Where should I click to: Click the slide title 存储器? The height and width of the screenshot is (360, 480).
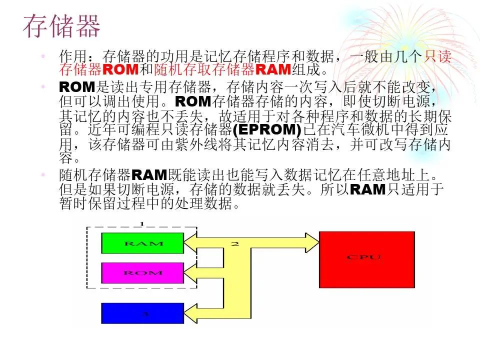click(x=62, y=26)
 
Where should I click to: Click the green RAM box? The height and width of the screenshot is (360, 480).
click(x=142, y=243)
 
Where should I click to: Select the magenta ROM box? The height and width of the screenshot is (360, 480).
click(x=142, y=273)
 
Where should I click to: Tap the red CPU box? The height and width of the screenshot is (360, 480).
click(x=366, y=259)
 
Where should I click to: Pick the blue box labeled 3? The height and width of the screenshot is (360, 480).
click(x=142, y=313)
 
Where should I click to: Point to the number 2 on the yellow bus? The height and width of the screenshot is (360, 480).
click(x=235, y=244)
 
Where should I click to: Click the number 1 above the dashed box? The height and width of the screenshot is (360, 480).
click(x=141, y=224)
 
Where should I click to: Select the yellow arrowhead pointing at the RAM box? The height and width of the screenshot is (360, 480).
click(x=190, y=243)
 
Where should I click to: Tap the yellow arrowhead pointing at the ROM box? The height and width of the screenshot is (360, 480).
click(x=190, y=273)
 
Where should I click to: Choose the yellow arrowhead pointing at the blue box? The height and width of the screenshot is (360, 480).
click(x=190, y=313)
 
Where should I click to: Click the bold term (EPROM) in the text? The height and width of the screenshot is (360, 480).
click(x=267, y=130)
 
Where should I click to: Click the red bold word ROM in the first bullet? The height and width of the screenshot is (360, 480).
click(x=120, y=69)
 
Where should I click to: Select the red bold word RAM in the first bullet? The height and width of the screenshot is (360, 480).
click(x=273, y=69)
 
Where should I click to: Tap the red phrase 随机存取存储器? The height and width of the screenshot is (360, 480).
click(x=204, y=69)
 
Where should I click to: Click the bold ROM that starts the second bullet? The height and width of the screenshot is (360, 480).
click(x=77, y=87)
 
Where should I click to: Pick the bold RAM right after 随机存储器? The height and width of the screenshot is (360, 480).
click(x=149, y=175)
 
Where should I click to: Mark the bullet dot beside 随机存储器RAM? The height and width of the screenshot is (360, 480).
click(x=43, y=175)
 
